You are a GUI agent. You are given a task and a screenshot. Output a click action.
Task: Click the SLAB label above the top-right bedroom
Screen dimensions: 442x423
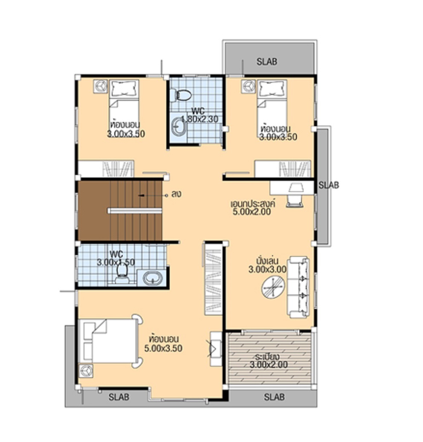(x=267, y=61)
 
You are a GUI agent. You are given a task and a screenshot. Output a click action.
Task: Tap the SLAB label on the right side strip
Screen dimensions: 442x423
(x=329, y=185)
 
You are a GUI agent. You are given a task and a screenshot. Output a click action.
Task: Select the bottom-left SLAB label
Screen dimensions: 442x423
(x=119, y=397)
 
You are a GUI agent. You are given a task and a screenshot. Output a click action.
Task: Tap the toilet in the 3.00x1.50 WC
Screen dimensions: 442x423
(x=122, y=273)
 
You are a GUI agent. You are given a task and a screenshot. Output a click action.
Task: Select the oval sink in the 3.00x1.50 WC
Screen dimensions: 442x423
(x=152, y=279)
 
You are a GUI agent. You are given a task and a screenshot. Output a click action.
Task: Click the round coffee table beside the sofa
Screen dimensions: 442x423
(x=272, y=287)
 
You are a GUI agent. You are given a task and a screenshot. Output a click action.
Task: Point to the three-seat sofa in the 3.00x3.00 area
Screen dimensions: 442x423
(x=298, y=287)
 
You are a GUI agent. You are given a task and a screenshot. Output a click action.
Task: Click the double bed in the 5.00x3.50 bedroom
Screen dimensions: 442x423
(x=109, y=341)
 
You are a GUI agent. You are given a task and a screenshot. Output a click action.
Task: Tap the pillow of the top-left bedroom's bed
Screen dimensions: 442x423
(x=124, y=89)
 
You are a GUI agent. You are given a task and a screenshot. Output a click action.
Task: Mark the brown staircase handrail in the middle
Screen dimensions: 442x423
(x=135, y=210)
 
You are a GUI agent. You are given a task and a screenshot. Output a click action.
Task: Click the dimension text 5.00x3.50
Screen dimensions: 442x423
(x=163, y=348)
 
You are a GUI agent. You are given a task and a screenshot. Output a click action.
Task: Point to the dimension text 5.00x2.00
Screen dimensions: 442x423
(x=252, y=212)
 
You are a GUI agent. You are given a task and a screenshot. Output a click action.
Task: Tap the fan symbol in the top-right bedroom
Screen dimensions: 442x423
(x=248, y=87)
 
